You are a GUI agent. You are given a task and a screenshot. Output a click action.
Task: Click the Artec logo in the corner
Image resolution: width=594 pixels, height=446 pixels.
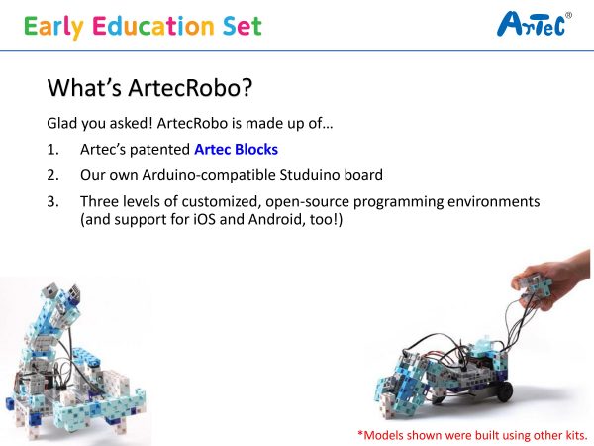pos(535,24)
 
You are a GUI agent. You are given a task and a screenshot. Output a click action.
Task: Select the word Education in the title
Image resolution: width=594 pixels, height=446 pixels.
pos(153,26)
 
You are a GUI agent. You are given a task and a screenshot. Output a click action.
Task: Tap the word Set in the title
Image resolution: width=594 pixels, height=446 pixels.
pos(243,26)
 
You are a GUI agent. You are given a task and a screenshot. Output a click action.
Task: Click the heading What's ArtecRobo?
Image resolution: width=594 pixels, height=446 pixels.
pos(149,87)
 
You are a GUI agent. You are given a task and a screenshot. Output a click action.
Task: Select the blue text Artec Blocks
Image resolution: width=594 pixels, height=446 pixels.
pos(236,149)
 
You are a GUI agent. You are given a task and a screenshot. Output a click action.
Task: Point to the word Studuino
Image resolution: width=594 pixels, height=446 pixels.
pos(310,175)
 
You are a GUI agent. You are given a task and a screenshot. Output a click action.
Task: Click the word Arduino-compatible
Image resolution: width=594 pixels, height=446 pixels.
pos(209,175)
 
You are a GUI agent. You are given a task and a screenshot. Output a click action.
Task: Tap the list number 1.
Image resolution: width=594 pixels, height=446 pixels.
pos(53,150)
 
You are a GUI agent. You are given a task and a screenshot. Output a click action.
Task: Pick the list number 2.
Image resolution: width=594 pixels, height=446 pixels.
pos(53,175)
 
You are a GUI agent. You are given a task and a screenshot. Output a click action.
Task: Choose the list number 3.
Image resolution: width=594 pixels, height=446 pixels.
pos(53,201)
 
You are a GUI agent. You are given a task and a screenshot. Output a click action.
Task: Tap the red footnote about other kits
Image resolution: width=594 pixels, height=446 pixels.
pos(473,435)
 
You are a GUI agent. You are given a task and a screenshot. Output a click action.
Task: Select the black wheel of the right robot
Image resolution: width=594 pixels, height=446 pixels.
pos(505,391)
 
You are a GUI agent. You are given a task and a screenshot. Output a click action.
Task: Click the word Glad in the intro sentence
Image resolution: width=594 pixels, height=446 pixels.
pos(62,123)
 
